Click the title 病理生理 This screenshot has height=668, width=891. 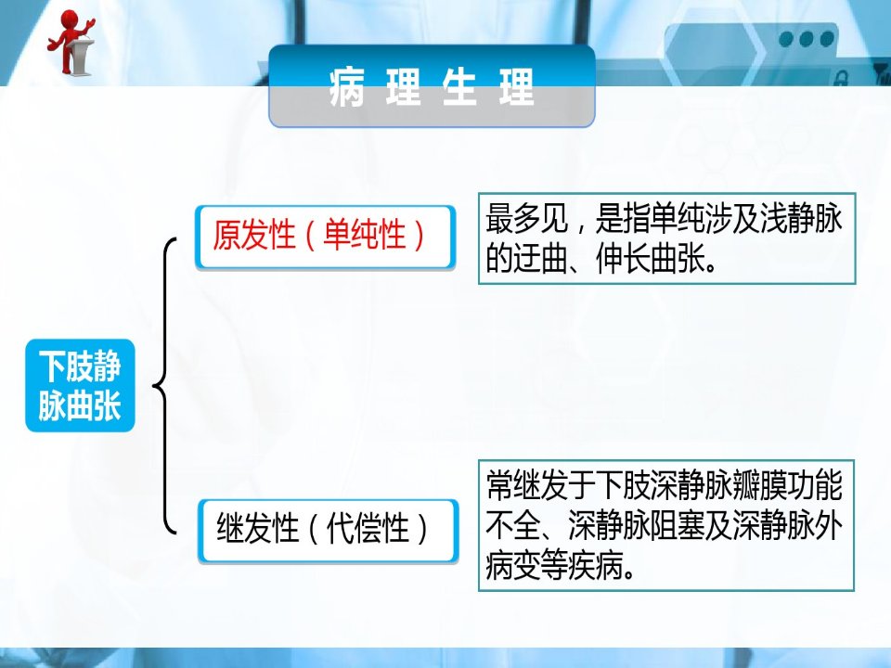[x=432, y=87]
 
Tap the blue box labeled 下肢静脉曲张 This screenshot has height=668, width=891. [x=80, y=386]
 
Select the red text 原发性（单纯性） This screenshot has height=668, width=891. [x=318, y=235]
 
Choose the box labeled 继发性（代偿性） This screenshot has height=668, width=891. [x=328, y=531]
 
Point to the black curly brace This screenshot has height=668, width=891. [x=165, y=386]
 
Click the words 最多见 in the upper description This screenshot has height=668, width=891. [x=527, y=218]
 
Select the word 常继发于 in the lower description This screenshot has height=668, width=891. [x=540, y=485]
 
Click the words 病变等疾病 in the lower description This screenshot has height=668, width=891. [x=554, y=566]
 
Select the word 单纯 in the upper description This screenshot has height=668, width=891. [x=678, y=218]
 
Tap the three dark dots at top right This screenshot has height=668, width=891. [x=807, y=39]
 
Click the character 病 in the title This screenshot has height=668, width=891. [x=346, y=87]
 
